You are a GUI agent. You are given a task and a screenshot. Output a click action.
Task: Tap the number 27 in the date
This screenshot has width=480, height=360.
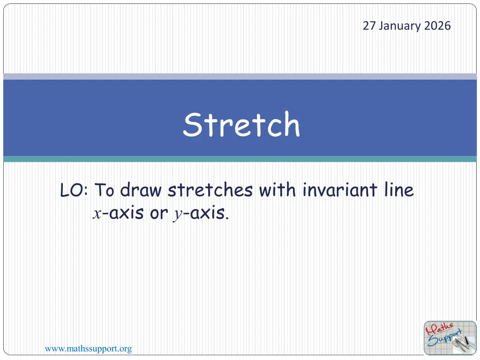[369, 26]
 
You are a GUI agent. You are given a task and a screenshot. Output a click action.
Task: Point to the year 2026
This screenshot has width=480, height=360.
[437, 26]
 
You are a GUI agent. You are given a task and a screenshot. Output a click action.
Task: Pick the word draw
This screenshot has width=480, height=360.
[141, 189]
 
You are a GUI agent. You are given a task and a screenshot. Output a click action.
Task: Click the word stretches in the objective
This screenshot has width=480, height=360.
[210, 189]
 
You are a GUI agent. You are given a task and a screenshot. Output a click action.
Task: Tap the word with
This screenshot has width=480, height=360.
[277, 189]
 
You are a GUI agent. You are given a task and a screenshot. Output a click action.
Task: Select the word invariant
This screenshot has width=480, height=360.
[340, 189]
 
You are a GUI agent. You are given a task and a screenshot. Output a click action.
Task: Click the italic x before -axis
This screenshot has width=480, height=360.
[97, 214]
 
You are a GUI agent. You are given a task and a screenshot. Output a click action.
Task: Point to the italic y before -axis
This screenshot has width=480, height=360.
[178, 215]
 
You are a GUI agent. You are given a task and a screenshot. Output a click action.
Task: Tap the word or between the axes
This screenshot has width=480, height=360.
[158, 213]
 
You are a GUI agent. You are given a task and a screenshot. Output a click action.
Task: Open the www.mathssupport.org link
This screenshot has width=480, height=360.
[89, 349]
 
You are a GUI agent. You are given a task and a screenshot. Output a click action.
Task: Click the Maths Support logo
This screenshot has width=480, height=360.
[450, 338]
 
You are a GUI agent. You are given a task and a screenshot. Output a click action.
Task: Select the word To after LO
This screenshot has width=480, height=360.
[104, 190]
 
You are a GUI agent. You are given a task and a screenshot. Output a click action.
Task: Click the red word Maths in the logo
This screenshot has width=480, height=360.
[439, 329]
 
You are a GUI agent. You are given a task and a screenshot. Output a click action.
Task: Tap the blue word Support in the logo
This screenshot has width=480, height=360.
[445, 338]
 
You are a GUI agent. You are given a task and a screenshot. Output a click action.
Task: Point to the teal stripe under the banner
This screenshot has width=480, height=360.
[240, 159]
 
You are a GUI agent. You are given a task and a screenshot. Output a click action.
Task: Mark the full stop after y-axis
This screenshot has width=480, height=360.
[227, 218]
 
